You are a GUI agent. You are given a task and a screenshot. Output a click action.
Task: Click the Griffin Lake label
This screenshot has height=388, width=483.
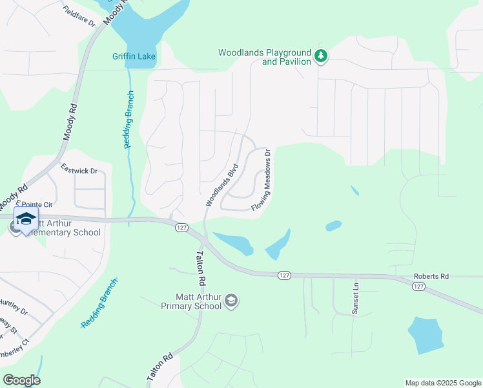(134, 57)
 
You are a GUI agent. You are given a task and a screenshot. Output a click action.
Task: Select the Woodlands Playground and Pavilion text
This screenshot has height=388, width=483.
(265, 57)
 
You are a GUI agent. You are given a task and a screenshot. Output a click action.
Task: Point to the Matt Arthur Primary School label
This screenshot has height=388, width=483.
(191, 301)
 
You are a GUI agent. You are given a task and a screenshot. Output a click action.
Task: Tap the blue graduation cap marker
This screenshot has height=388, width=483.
(26, 220)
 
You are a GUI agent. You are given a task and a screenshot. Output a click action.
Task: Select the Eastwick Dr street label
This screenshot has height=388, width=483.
(79, 171)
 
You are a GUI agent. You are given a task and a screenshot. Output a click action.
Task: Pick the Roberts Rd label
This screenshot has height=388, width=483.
(431, 276)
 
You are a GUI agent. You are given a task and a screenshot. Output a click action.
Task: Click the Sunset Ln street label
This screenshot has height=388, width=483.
(355, 298)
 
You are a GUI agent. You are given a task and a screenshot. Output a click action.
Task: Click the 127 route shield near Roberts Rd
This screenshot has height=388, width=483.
(419, 286)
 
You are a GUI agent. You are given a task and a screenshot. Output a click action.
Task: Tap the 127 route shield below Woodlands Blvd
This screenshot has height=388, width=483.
(181, 227)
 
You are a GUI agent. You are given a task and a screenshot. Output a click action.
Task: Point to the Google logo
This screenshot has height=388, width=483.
(21, 380)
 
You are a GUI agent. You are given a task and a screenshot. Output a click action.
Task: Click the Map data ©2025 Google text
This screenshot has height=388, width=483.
(442, 383)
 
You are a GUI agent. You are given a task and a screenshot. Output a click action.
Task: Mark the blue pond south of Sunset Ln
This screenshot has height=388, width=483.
(425, 334)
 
